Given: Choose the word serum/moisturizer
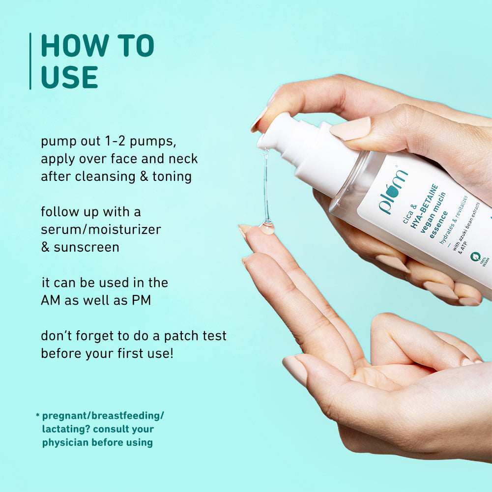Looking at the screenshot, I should coord(101,229).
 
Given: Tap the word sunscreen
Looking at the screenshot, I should coord(87,247).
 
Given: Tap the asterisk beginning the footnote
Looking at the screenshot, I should coord(37,416).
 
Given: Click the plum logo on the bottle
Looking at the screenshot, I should coord(393,192).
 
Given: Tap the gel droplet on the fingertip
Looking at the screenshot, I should coord(267,228).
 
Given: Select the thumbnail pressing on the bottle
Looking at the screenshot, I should coord(350,129).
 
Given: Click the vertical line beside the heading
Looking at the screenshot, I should coord(30,61).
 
